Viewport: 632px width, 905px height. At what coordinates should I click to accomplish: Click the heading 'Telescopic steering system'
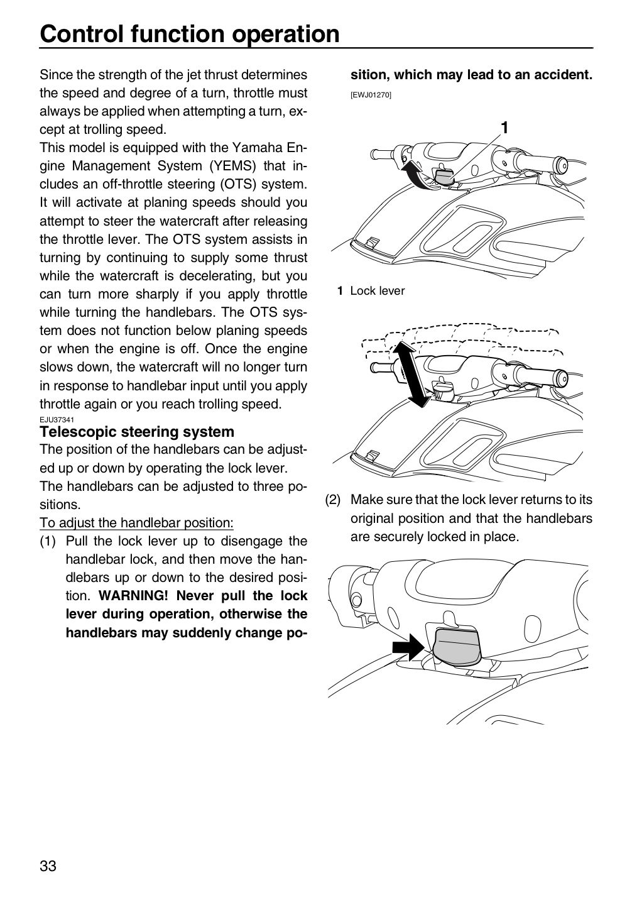137,432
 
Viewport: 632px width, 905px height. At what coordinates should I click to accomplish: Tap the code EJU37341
57,420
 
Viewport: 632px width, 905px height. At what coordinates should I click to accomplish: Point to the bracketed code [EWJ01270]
371,96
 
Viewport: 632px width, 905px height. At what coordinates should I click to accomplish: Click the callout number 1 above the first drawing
504,128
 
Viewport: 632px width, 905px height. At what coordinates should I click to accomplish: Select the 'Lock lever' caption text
377,291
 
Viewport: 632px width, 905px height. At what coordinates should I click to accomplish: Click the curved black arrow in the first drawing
413,175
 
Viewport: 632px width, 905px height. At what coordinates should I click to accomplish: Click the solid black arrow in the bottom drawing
408,647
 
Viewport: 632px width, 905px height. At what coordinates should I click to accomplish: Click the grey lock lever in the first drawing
444,177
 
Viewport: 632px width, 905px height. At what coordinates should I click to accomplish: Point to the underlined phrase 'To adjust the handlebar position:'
136,523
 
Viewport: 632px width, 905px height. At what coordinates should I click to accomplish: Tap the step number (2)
333,500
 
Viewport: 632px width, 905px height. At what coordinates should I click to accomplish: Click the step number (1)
48,541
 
